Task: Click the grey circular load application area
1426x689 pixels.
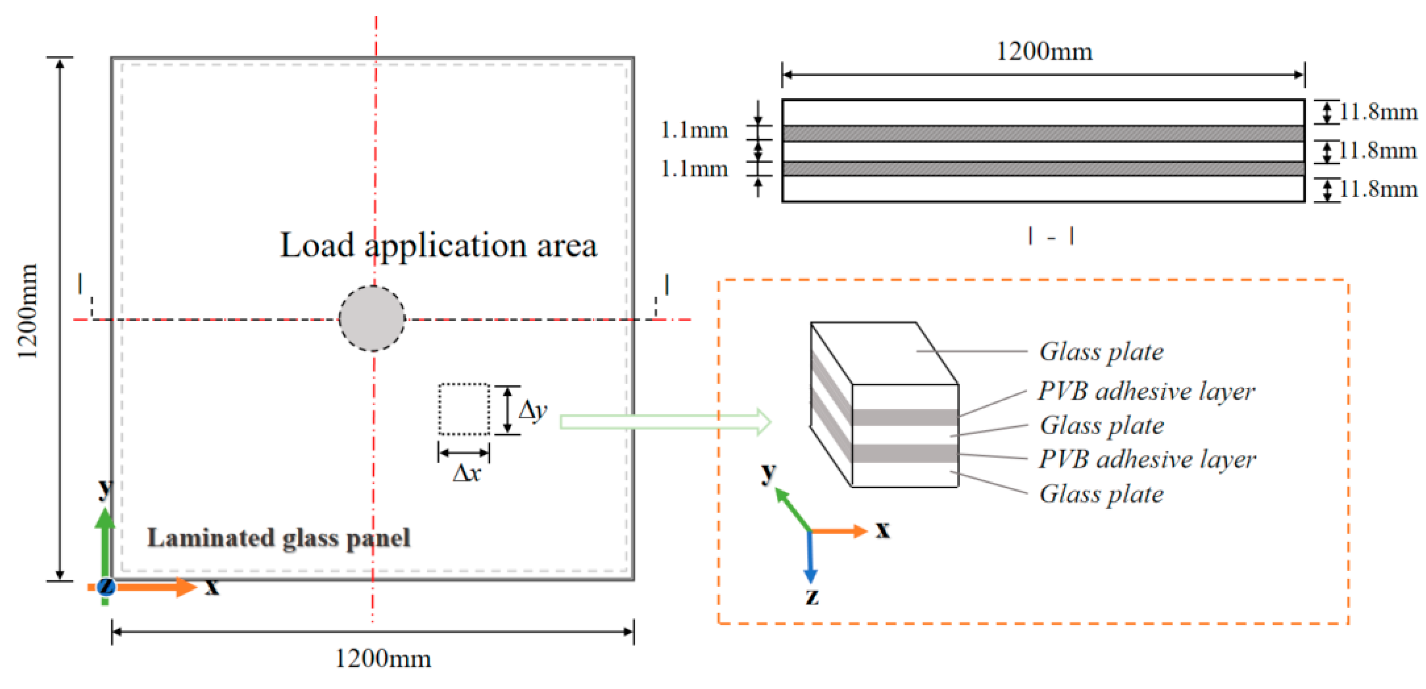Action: [371, 318]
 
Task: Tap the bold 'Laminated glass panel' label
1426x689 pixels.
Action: [279, 538]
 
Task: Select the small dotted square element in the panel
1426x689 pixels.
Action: [464, 409]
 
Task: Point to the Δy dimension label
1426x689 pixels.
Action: [532, 410]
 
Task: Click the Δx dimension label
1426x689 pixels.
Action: [466, 473]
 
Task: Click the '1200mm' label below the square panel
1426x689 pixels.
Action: [383, 659]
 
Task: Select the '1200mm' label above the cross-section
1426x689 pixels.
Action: [1044, 52]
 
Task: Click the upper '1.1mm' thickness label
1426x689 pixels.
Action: [694, 130]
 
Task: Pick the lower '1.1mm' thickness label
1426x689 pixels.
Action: [694, 168]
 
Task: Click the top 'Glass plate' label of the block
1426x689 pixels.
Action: [1101, 352]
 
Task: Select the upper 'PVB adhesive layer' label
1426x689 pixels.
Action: [1146, 391]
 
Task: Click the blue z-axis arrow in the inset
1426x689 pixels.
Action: [810, 557]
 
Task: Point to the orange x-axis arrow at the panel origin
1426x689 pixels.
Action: [155, 587]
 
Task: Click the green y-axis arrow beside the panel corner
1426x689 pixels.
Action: [104, 543]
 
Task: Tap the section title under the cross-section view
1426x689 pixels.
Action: [1051, 236]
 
